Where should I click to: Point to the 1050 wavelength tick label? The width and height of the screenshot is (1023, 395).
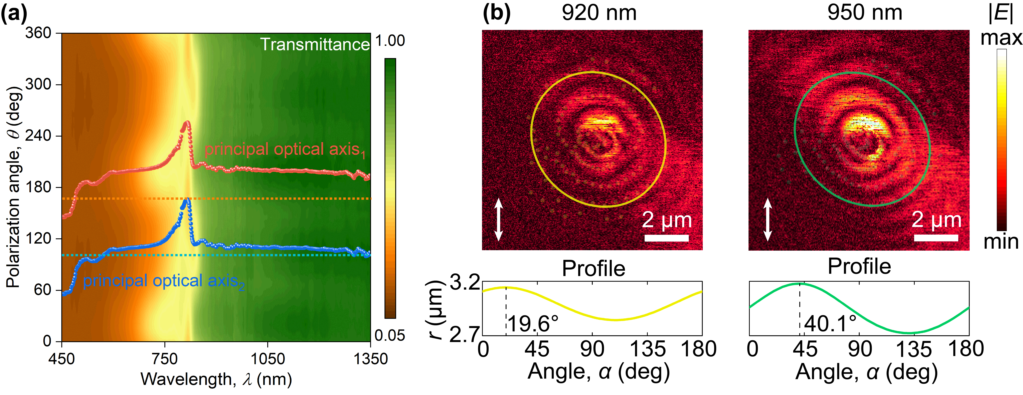267,359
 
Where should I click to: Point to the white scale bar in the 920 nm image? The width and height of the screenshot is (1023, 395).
666,238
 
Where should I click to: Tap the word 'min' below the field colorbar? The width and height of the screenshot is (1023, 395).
1001,242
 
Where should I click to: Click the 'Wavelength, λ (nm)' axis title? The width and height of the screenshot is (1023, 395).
216,380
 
